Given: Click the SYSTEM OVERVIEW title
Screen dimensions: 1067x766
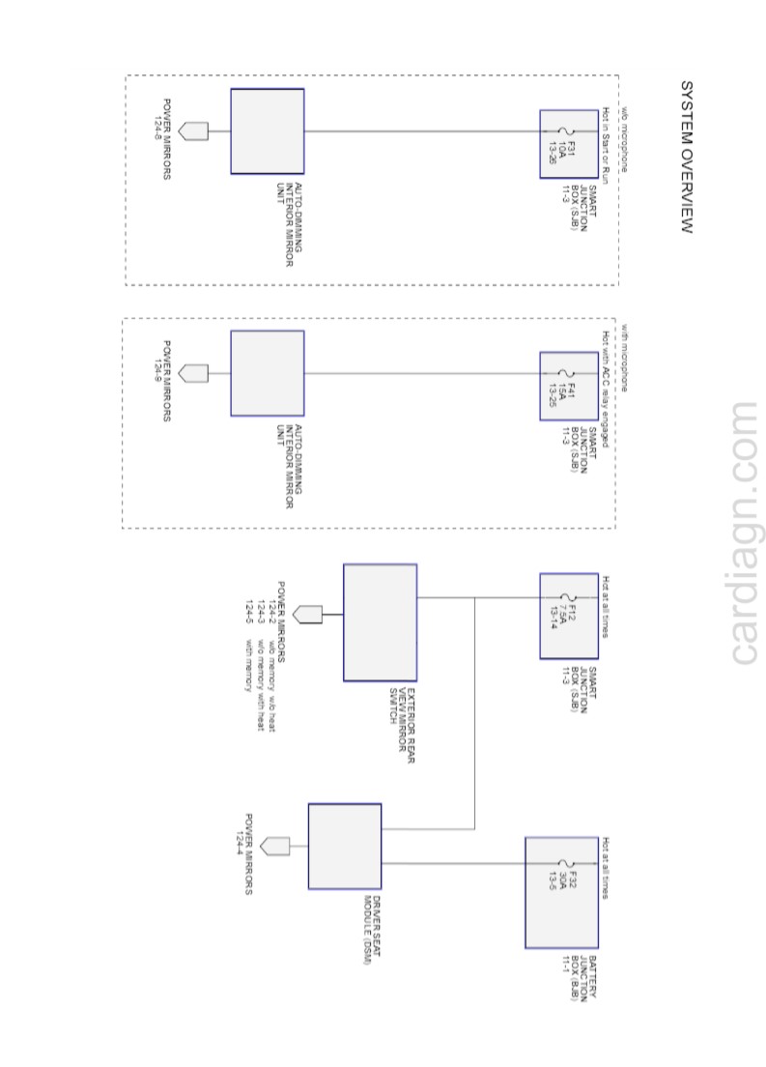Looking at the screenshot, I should click(687, 157).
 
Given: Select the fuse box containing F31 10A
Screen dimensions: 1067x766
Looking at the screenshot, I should click(569, 143).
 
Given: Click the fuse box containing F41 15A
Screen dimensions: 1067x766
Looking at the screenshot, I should click(569, 386).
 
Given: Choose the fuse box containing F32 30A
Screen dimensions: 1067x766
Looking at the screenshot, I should click(561, 893).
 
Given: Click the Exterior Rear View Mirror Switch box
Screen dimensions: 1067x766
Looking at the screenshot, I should click(380, 622).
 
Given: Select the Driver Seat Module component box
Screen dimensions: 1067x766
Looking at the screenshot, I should click(344, 846).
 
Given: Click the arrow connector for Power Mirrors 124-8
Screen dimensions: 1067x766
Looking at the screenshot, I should click(193, 131).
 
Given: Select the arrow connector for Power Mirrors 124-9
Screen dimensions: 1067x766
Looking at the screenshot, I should click(193, 372).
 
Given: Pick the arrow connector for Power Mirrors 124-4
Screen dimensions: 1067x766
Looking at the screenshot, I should click(275, 847).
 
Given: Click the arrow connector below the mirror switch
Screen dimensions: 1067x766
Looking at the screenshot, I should click(307, 614).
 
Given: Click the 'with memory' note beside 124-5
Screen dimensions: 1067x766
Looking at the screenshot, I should click(249, 665).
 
